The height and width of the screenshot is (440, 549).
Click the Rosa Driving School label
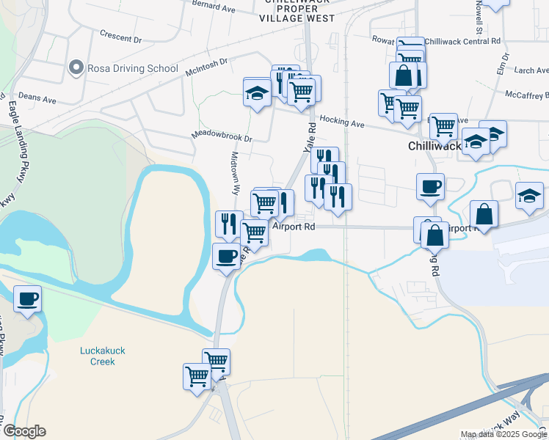pos(133,69)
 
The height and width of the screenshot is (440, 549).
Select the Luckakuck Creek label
pos(103,356)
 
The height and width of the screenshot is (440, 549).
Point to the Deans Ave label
pos(37,98)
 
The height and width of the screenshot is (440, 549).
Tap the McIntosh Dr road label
pos(207,67)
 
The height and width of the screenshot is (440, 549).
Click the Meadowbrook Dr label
pos(221,137)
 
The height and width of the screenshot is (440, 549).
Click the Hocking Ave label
pos(342,124)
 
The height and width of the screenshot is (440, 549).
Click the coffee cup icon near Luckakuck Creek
pos(28,299)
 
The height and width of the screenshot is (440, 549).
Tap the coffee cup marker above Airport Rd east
pos(430,186)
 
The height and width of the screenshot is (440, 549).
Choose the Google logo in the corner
pos(24,431)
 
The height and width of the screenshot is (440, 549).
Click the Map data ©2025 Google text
pos(503,434)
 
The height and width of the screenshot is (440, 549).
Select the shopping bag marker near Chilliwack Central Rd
pos(404,75)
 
